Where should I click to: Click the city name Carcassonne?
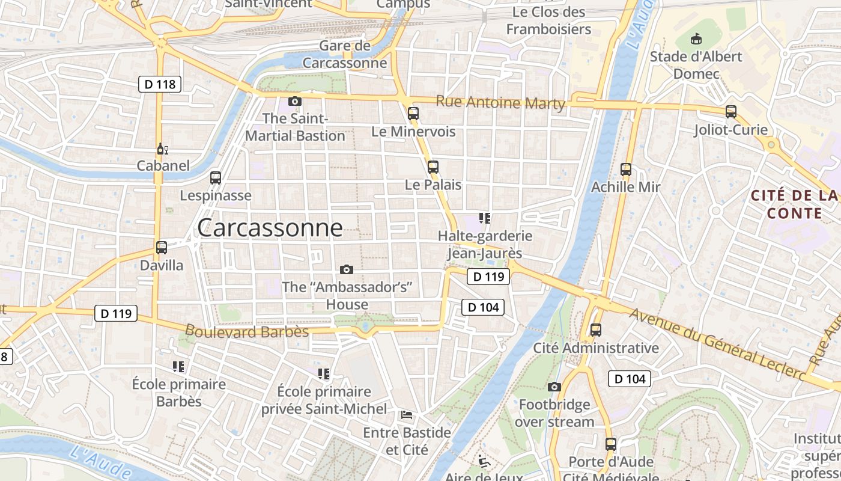click(x=270, y=228)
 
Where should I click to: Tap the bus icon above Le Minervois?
click(x=413, y=113)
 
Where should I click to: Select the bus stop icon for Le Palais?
click(x=433, y=167)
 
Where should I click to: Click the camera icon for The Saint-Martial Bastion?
click(x=294, y=101)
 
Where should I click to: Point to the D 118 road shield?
click(x=160, y=84)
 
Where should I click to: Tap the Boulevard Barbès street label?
click(x=247, y=331)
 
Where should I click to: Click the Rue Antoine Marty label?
click(x=500, y=103)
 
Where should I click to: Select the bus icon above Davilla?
click(x=161, y=247)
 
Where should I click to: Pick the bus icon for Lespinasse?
click(x=216, y=178)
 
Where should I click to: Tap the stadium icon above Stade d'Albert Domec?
click(x=696, y=39)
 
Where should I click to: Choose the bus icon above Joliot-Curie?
click(x=730, y=111)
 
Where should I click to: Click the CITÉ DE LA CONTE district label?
click(x=794, y=204)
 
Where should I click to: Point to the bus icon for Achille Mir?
click(x=626, y=170)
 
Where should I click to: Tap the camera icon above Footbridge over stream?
click(x=554, y=387)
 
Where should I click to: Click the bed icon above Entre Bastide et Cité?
click(x=407, y=414)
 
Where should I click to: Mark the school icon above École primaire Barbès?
click(x=178, y=366)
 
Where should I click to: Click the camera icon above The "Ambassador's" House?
click(x=347, y=269)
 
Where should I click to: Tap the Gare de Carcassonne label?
click(x=345, y=54)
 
